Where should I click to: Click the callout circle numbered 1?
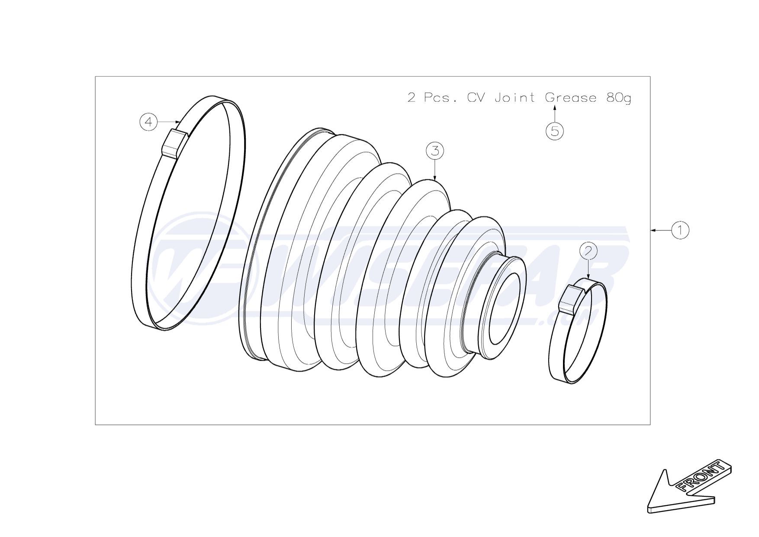[x=680, y=230]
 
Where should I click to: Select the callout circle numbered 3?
[x=435, y=151]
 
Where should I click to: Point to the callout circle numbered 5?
[x=555, y=130]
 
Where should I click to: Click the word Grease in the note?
[x=571, y=97]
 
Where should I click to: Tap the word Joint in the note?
[x=515, y=97]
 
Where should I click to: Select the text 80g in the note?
[x=618, y=98]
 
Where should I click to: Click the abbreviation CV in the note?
[x=476, y=97]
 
